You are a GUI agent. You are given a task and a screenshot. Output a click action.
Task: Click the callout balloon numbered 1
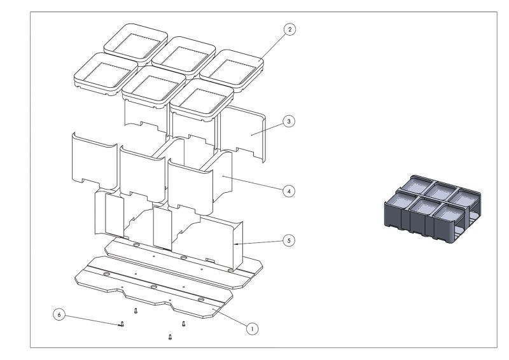point(252,329)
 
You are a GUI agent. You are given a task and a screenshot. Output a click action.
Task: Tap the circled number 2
point(289,29)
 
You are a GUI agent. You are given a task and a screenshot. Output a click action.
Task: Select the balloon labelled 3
point(289,121)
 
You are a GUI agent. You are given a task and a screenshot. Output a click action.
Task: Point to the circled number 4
point(289,191)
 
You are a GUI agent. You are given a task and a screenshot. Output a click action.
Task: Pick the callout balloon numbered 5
point(289,240)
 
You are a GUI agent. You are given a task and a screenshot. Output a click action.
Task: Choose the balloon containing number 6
point(59,315)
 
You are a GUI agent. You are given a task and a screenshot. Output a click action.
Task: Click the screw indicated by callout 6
point(122,324)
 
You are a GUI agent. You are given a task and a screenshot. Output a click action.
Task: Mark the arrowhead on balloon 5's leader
point(236,244)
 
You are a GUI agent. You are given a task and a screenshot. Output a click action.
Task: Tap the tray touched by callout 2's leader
point(232,71)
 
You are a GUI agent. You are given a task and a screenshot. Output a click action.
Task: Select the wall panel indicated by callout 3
point(242,133)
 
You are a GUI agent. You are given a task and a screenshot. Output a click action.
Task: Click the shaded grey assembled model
point(433,209)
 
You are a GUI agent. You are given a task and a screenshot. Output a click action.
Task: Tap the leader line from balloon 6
point(93,320)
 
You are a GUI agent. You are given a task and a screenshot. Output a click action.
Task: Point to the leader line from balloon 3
point(267,129)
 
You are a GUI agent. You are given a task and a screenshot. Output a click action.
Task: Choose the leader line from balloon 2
point(272,46)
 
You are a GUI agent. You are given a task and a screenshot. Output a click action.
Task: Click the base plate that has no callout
point(184,263)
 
